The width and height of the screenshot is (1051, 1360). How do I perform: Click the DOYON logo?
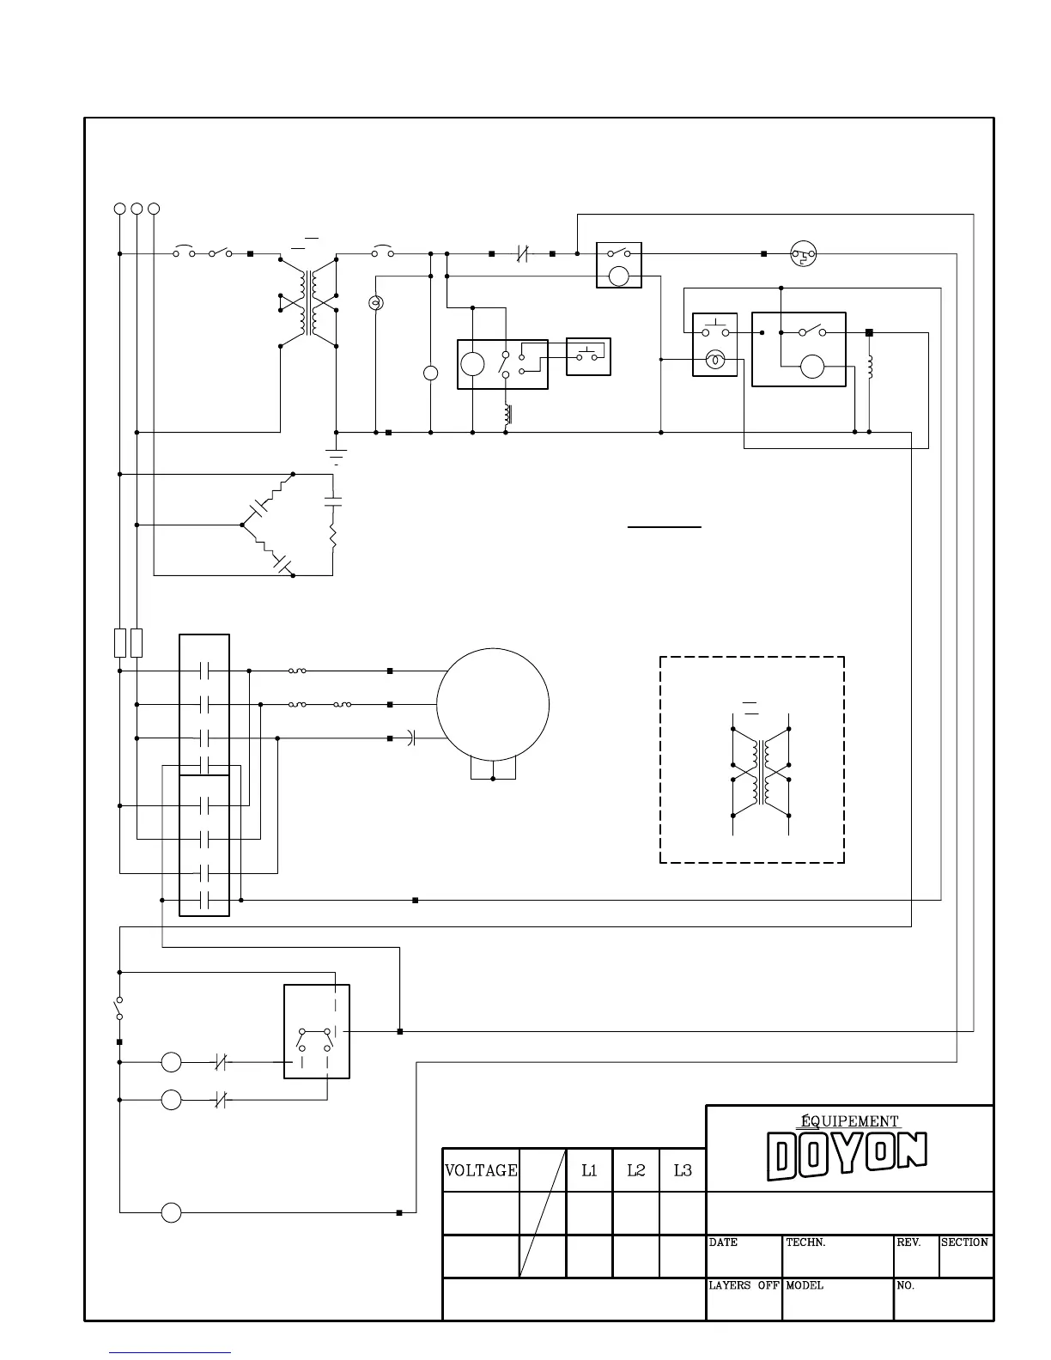point(847,1156)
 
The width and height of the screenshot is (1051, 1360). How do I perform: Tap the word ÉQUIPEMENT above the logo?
point(849,1121)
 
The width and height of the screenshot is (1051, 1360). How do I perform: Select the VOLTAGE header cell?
point(481,1170)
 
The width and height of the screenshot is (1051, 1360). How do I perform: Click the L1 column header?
point(589,1170)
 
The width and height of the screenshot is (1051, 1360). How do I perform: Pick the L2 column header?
point(635,1170)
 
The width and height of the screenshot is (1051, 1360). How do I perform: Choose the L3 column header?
point(683,1170)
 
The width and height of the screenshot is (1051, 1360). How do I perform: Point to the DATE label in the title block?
point(723,1242)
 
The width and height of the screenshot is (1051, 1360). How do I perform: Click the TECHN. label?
point(805,1242)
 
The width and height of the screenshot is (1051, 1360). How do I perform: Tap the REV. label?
point(908,1242)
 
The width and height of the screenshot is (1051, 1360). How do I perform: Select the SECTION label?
point(964,1242)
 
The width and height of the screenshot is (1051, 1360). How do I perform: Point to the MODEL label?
point(805,1285)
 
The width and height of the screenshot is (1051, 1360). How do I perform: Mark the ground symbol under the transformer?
point(336,454)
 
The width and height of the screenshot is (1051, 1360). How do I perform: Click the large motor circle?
point(493,703)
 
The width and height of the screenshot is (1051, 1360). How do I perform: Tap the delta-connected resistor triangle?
point(292,525)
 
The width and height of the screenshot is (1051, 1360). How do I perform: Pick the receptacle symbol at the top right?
point(803,253)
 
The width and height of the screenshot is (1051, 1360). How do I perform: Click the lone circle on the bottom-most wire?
point(172,1213)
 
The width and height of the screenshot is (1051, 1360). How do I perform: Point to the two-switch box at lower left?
point(316,1031)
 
